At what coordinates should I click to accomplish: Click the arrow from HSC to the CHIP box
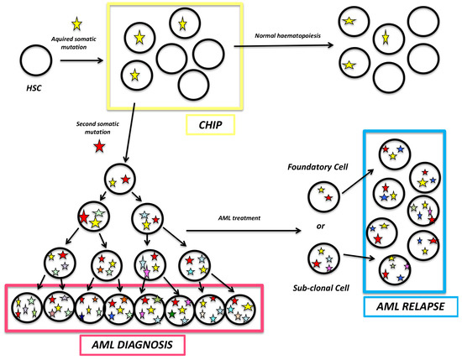(82, 60)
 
